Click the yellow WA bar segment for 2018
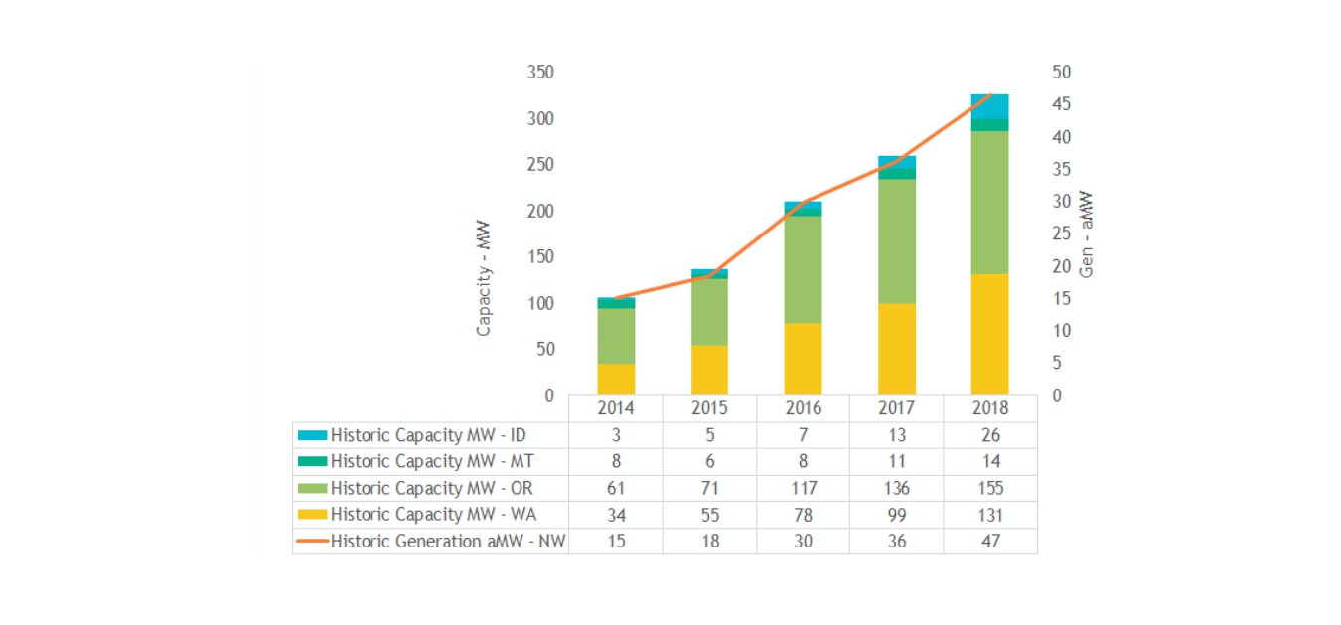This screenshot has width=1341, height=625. point(989,334)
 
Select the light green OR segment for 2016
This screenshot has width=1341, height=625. point(803,268)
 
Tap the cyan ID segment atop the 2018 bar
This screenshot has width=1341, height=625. point(989,106)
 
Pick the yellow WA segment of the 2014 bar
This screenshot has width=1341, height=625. point(616,379)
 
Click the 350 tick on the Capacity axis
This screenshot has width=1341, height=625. point(540,73)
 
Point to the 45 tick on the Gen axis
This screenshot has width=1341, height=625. point(1062,104)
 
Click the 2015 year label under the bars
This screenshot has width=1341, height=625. point(709,408)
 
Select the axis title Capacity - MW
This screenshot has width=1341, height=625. point(484,278)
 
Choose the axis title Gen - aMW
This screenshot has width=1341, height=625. point(1086,234)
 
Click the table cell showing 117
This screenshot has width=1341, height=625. point(803,488)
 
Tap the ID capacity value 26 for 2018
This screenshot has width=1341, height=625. point(989,435)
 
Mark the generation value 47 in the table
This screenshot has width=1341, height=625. point(989,542)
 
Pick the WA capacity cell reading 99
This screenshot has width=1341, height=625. point(896,515)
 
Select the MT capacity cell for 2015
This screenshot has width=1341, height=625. point(709,461)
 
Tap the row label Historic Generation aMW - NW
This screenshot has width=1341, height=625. point(448,542)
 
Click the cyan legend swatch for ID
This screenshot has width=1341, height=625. point(312,435)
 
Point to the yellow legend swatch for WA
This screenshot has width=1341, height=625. point(312,515)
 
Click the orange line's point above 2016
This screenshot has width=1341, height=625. point(803,202)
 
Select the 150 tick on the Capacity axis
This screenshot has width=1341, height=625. point(540,257)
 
